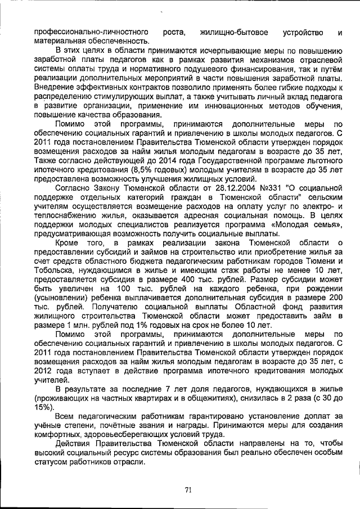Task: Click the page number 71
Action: pyautogui.click(x=188, y=490)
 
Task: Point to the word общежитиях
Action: pyautogui.click(x=209, y=398)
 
